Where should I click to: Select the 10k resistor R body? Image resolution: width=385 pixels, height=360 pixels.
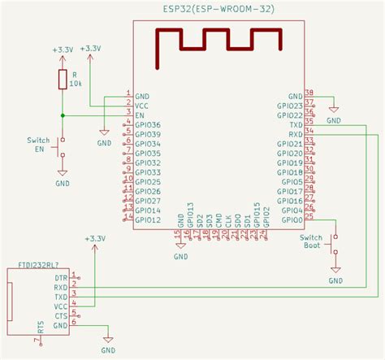point(63,80)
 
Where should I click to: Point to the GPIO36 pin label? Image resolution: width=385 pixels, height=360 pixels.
point(148,125)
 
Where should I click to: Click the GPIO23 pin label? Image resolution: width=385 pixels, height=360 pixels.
point(289,106)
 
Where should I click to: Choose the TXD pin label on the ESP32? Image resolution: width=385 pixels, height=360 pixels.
point(296,125)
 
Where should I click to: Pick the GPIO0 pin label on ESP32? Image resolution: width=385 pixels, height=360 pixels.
point(292,219)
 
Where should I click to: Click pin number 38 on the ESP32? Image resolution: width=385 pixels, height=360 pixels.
point(309,93)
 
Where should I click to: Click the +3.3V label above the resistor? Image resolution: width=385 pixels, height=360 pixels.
point(63,50)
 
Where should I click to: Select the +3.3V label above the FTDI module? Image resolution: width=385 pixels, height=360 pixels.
point(95,238)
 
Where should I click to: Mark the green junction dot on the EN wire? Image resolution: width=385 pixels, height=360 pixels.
point(63,115)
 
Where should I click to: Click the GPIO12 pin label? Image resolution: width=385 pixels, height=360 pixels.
point(148,219)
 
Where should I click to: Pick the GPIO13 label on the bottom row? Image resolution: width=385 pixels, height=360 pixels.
point(190,213)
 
